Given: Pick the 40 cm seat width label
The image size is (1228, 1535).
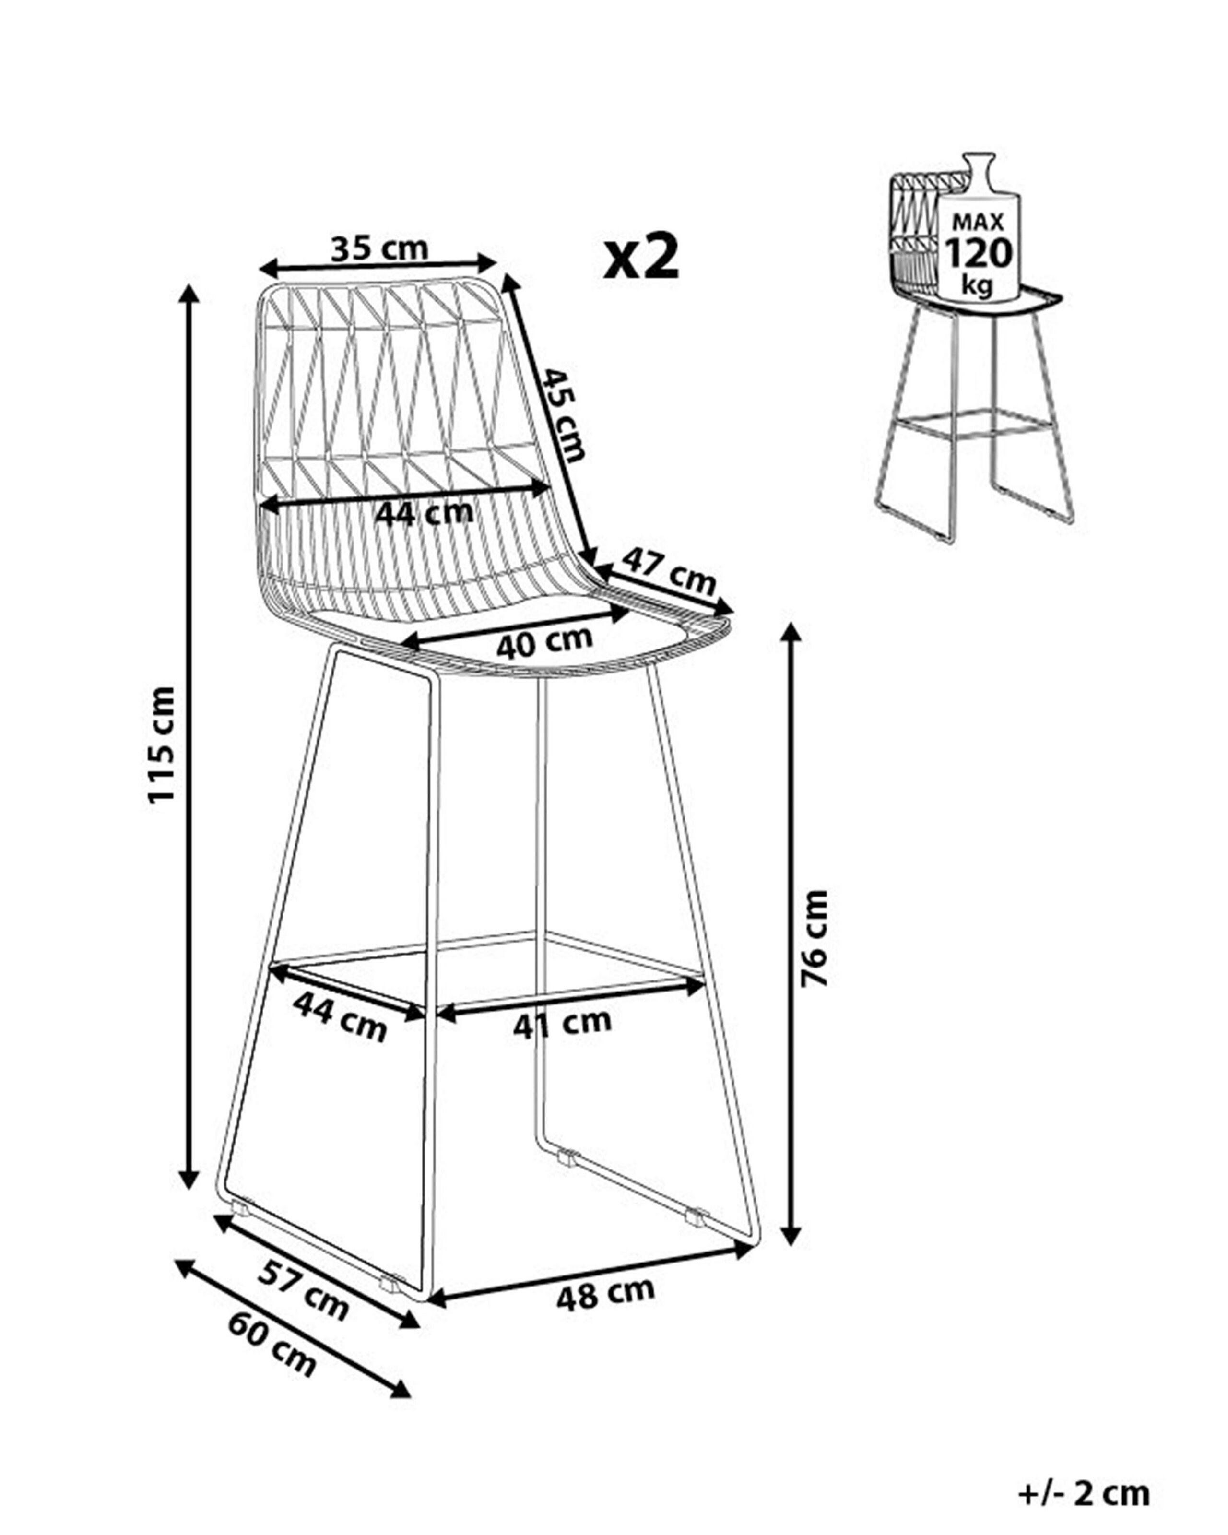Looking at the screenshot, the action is pyautogui.click(x=544, y=643).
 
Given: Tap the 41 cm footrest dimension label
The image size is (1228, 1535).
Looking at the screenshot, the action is pyautogui.click(x=562, y=1024).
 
